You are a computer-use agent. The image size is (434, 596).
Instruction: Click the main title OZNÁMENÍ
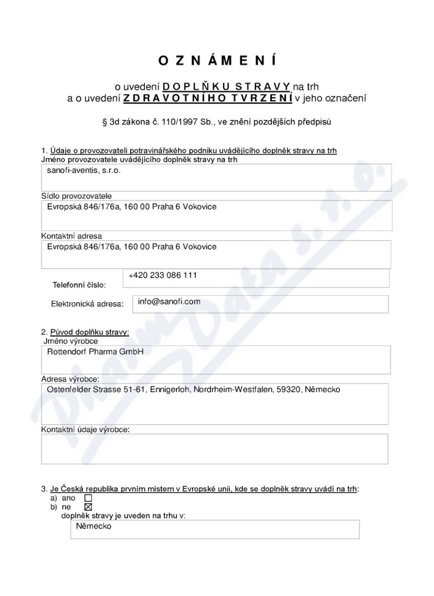tap(217, 61)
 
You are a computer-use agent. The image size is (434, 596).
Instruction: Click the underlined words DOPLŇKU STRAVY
tap(227, 87)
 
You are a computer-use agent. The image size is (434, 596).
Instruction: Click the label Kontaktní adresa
tap(72, 236)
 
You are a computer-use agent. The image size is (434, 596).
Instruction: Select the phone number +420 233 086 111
tap(162, 275)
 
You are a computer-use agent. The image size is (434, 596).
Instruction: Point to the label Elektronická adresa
tap(87, 304)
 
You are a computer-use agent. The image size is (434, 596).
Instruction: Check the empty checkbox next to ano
tap(89, 497)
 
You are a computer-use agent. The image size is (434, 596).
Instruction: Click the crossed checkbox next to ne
tap(89, 507)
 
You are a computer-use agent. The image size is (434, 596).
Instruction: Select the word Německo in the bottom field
tap(94, 526)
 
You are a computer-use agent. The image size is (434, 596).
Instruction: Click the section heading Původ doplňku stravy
tap(90, 331)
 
